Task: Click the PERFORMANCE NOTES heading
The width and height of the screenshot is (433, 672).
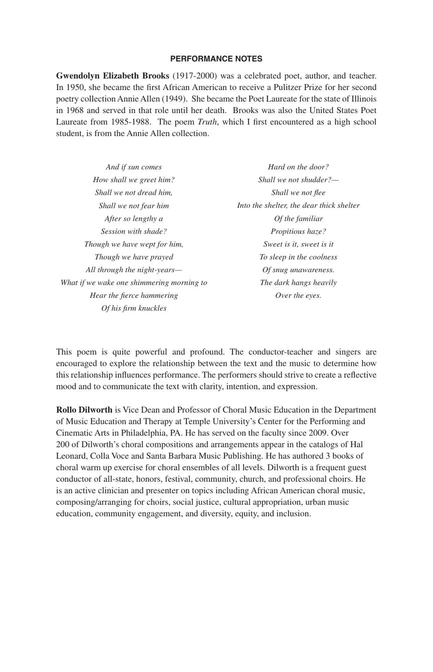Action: pyautogui.click(x=216, y=59)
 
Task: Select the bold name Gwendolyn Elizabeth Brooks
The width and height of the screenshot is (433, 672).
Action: pyautogui.click(x=112, y=76)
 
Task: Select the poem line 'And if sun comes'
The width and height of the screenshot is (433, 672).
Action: pyautogui.click(x=134, y=167)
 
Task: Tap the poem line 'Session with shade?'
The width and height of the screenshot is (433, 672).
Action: pyautogui.click(x=134, y=232)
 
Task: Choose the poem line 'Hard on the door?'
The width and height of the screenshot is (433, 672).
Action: pyautogui.click(x=298, y=167)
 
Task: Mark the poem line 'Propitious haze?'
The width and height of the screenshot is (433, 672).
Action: pyautogui.click(x=298, y=232)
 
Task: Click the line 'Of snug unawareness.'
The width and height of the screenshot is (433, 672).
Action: pyautogui.click(x=298, y=270)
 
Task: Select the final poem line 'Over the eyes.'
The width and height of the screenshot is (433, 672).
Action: pyautogui.click(x=298, y=296)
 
